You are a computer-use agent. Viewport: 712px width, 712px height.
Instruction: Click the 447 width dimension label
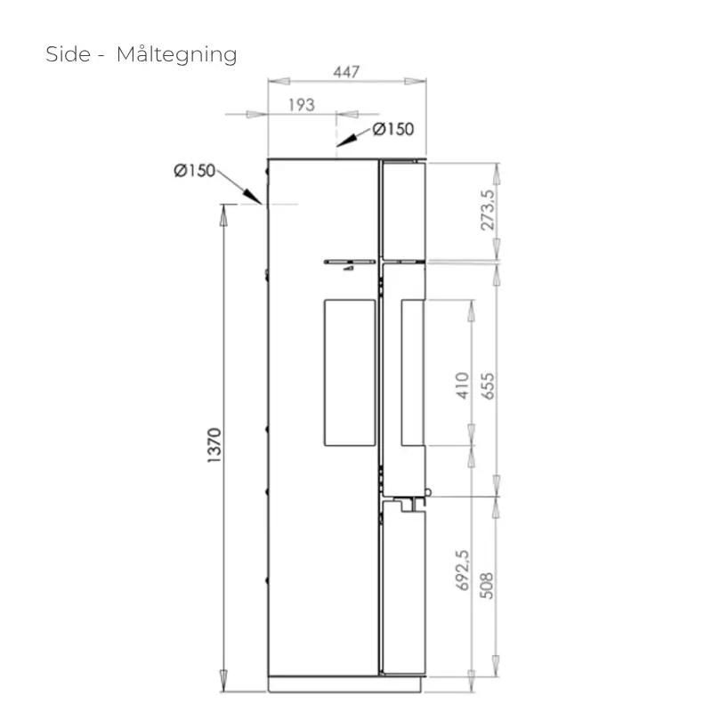point(346,72)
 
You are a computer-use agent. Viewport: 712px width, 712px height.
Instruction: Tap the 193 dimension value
point(302,105)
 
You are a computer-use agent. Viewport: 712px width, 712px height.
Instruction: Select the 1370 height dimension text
point(214,445)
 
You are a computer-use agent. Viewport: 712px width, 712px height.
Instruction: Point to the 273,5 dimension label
point(487,210)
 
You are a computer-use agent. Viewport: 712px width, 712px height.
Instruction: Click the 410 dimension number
point(462,385)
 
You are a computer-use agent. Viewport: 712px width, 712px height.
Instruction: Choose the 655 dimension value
point(487,386)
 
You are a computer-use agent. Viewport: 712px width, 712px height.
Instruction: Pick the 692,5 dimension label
point(462,570)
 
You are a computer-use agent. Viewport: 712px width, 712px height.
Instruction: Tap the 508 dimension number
point(486,586)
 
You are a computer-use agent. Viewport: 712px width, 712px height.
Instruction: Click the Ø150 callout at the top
point(393,129)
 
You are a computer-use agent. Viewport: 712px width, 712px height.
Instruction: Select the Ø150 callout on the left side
point(194,171)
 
